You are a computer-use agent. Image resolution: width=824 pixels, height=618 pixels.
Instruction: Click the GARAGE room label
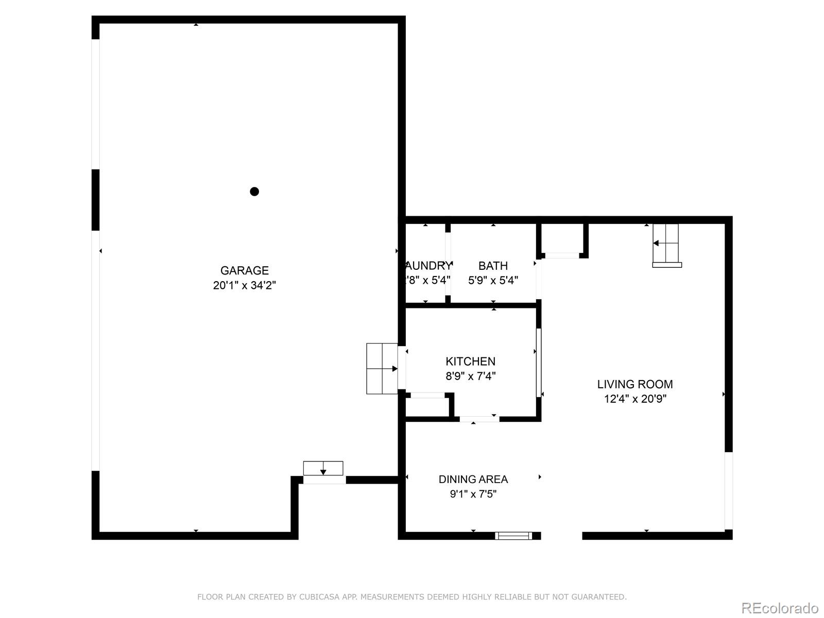[x=245, y=270]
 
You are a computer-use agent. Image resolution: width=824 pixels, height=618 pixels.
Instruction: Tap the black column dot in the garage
[x=254, y=192]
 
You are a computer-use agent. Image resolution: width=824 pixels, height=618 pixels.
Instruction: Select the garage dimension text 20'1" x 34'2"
[x=245, y=285]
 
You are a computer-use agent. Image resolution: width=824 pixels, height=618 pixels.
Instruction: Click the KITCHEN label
[x=470, y=362]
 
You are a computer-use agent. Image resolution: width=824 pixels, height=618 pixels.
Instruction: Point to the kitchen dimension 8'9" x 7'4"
[x=470, y=376]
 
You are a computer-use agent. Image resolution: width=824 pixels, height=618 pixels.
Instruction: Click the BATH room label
[x=493, y=266]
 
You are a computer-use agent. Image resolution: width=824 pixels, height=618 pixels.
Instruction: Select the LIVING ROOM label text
[x=635, y=384]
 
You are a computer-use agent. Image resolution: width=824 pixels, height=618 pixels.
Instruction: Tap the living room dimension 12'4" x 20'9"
[x=635, y=399]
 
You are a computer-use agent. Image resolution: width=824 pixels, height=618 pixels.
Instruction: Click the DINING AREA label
[x=473, y=479]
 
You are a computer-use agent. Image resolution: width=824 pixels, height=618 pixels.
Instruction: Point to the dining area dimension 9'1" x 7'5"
[x=473, y=494]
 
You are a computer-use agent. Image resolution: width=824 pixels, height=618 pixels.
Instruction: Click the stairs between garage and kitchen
[x=382, y=369]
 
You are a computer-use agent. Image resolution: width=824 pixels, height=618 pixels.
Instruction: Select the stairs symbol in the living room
[x=666, y=244]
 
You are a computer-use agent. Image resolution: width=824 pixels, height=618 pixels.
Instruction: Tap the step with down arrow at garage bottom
[x=323, y=468]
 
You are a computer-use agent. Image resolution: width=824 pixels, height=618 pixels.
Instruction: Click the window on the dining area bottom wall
[x=513, y=536]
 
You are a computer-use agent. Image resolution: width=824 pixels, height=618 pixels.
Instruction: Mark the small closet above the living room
[x=562, y=238]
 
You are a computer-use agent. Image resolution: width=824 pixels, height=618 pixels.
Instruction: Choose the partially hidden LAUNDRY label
[x=428, y=266]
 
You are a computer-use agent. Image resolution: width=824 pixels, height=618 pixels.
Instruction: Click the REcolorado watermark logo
[x=780, y=608]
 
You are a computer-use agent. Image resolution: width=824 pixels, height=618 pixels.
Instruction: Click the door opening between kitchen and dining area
[x=479, y=419]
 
